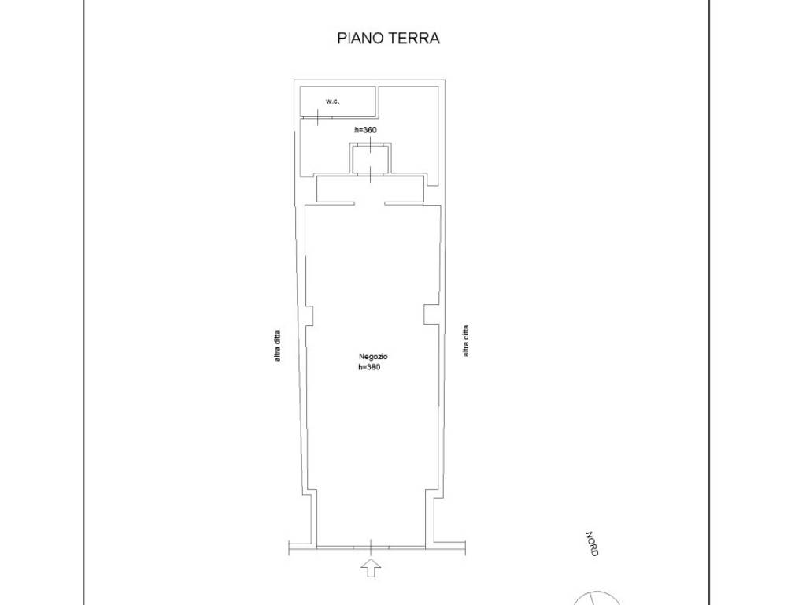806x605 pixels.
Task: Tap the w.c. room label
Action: (333, 102)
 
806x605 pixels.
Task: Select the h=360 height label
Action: (366, 130)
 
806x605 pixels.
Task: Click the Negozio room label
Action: (373, 357)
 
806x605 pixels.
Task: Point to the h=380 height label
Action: (369, 367)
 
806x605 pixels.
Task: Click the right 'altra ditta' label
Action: (466, 342)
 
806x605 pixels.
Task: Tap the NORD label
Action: (592, 544)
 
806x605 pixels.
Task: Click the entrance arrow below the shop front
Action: (371, 566)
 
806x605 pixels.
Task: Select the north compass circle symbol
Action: (597, 598)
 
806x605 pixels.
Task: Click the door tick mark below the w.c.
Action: (316, 118)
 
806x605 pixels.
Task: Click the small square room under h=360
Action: (369, 160)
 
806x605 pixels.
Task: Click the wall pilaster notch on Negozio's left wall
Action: (309, 314)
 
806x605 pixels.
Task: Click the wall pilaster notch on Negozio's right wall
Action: (429, 314)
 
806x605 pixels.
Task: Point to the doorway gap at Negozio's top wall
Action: (369, 204)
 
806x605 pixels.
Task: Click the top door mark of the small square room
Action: (369, 145)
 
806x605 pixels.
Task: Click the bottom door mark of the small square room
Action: (369, 175)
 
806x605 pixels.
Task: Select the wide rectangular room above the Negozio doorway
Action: (371, 189)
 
